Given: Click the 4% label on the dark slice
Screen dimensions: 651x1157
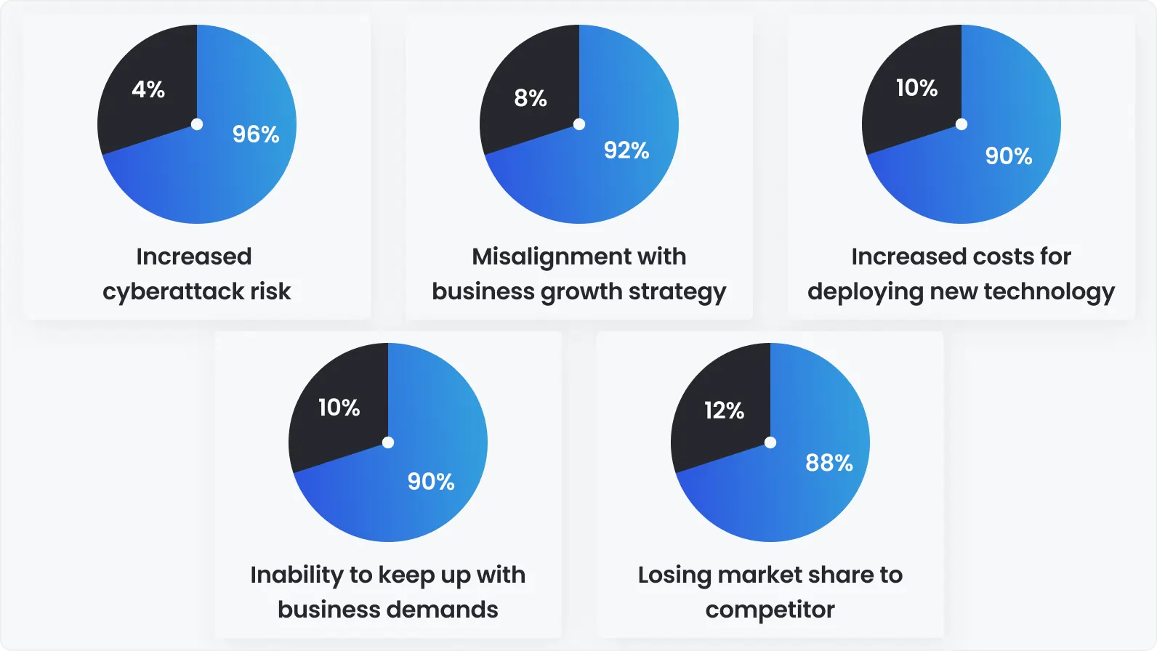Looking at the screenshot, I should pos(148,89).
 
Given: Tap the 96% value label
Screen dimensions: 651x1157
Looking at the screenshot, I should pos(256,134).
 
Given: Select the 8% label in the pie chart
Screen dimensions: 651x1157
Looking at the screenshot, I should pos(531,98).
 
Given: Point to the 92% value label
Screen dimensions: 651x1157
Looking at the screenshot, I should pos(626,150).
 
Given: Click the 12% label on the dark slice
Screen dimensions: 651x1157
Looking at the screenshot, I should pos(725,411).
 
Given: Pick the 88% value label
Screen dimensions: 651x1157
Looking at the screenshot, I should pos(829,463).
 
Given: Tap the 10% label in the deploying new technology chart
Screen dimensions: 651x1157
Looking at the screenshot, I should pos(917,88).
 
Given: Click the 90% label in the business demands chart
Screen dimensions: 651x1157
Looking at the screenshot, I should pos(431,481).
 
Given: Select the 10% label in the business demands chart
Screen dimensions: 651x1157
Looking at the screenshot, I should pos(339,408).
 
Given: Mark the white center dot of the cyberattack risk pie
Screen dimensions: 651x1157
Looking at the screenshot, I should pos(197,124).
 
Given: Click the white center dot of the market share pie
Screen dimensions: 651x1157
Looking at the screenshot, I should pos(770,442).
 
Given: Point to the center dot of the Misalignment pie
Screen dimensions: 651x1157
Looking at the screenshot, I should pos(579,124).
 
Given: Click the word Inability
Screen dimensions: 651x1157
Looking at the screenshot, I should pos(297,575).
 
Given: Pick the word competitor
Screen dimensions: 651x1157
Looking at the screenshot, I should pos(770,610).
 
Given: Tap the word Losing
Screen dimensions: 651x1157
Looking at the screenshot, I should pos(674,575).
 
